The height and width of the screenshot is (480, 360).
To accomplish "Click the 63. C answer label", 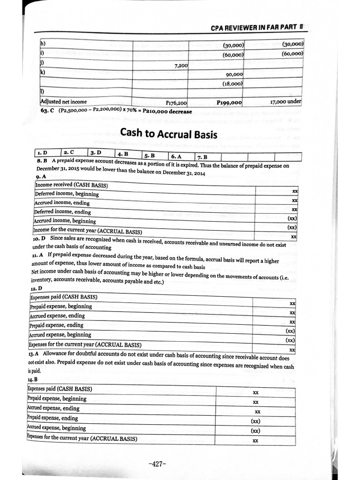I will pyautogui.click(x=48, y=112).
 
